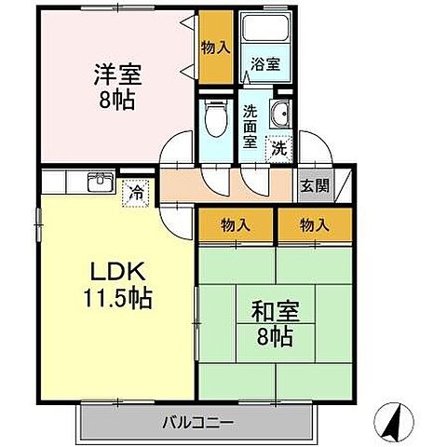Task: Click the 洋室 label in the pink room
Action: (x=116, y=72)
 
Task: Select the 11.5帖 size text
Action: (x=116, y=300)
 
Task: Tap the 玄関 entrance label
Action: (x=314, y=184)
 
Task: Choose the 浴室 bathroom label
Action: (x=264, y=65)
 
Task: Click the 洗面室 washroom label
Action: (x=251, y=126)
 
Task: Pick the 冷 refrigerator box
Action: (x=136, y=193)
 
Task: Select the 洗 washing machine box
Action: (x=278, y=146)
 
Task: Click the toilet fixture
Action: (x=215, y=118)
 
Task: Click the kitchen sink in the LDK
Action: (x=100, y=183)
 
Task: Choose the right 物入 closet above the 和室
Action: (x=315, y=224)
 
